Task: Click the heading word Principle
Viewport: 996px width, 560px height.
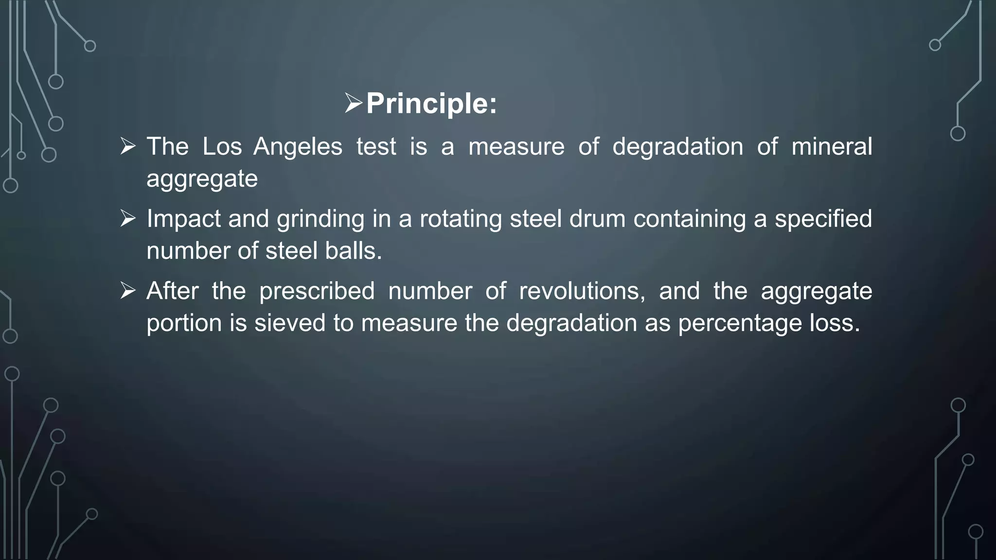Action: tap(431, 104)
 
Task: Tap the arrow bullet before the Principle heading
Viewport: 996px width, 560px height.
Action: tap(354, 103)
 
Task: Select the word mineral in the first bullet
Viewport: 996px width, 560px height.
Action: tap(832, 146)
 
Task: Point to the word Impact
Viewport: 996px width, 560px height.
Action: tap(183, 219)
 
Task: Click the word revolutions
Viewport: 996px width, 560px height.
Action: tap(582, 291)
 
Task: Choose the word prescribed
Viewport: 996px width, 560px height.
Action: tap(317, 291)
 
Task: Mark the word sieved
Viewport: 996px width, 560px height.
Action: tap(290, 323)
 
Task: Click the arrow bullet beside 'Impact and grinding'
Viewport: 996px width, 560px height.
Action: tap(128, 218)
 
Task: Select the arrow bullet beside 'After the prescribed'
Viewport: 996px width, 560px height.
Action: tap(128, 291)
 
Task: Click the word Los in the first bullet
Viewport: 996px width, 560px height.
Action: tap(222, 146)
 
